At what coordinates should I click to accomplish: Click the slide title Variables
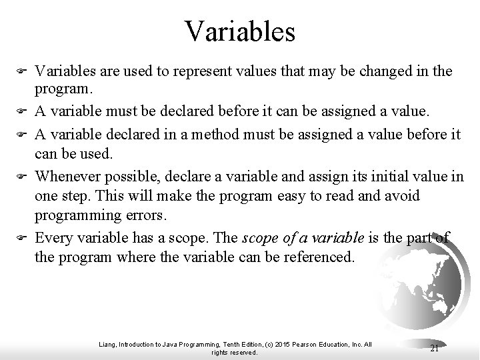tap(240, 31)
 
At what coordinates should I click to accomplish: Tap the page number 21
tap(435, 347)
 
